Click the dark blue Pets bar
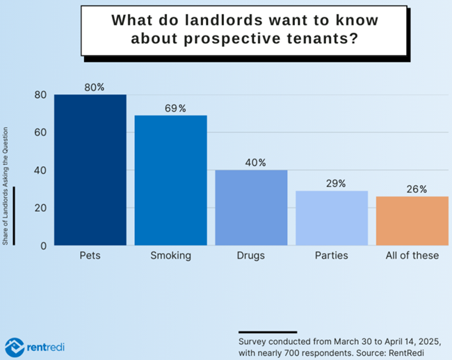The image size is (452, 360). coord(90,170)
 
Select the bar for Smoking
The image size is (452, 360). coord(170,181)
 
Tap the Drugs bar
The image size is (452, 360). coord(251,208)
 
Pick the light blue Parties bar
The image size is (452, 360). coord(332,218)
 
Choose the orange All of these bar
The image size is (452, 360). coord(412,221)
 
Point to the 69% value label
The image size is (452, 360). coord(175,108)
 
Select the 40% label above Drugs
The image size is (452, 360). coord(255,163)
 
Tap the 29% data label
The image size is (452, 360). coord(336,183)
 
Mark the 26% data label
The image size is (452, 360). coord(417,189)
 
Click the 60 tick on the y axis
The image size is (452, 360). coord(40,133)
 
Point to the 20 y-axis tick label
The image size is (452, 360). coord(40,208)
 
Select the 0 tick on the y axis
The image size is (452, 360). coord(43,245)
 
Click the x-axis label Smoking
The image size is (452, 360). coord(170,256)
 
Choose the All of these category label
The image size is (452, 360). coord(412,256)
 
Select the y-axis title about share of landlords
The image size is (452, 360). coord(6,186)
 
